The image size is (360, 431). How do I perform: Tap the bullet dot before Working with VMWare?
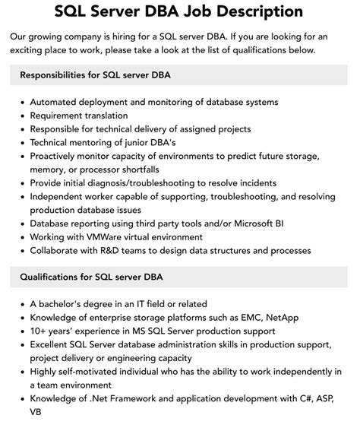pyautogui.click(x=23, y=237)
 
